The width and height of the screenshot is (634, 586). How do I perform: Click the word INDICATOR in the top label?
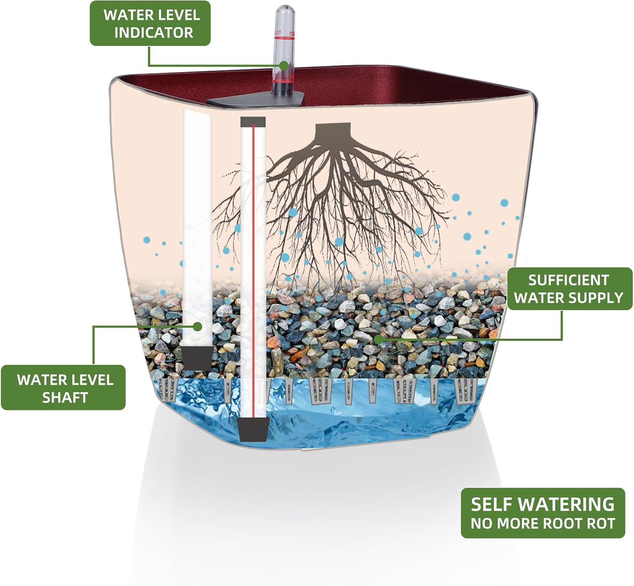pyautogui.click(x=153, y=33)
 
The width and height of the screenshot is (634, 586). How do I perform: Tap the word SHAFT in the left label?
pyautogui.click(x=65, y=397)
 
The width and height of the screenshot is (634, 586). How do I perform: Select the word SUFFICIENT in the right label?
pyautogui.click(x=568, y=280)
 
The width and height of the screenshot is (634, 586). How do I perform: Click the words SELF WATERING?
pyautogui.click(x=543, y=504)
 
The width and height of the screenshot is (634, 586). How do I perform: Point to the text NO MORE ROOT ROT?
pyautogui.click(x=543, y=523)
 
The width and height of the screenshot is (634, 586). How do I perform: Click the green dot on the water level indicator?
pyautogui.click(x=284, y=66)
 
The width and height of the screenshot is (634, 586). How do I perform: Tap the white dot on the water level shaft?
pyautogui.click(x=197, y=326)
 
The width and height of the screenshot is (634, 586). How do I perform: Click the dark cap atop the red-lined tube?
pyautogui.click(x=253, y=122)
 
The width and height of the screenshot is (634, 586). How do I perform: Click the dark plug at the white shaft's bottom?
pyautogui.click(x=197, y=358)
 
